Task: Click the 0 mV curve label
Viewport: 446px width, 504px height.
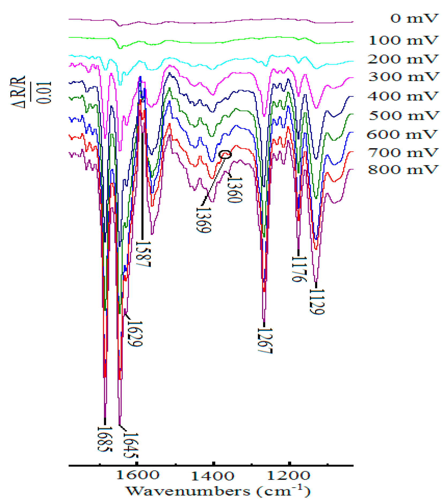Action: click(x=414, y=18)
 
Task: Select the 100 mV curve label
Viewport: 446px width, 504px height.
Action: click(x=403, y=40)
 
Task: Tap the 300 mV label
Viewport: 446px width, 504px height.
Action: click(x=403, y=77)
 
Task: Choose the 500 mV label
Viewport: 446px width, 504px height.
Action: click(x=403, y=116)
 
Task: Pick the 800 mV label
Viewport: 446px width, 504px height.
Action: click(x=403, y=170)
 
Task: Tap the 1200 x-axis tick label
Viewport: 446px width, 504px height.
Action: click(x=289, y=475)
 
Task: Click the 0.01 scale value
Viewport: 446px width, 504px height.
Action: click(x=44, y=93)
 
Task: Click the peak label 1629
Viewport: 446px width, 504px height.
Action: click(x=134, y=334)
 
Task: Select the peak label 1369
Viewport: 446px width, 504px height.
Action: click(x=203, y=220)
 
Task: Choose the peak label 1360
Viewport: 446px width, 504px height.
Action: click(x=235, y=190)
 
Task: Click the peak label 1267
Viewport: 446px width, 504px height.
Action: click(x=265, y=341)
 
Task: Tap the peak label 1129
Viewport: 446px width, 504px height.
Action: click(x=317, y=301)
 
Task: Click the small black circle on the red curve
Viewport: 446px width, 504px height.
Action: click(x=225, y=154)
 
